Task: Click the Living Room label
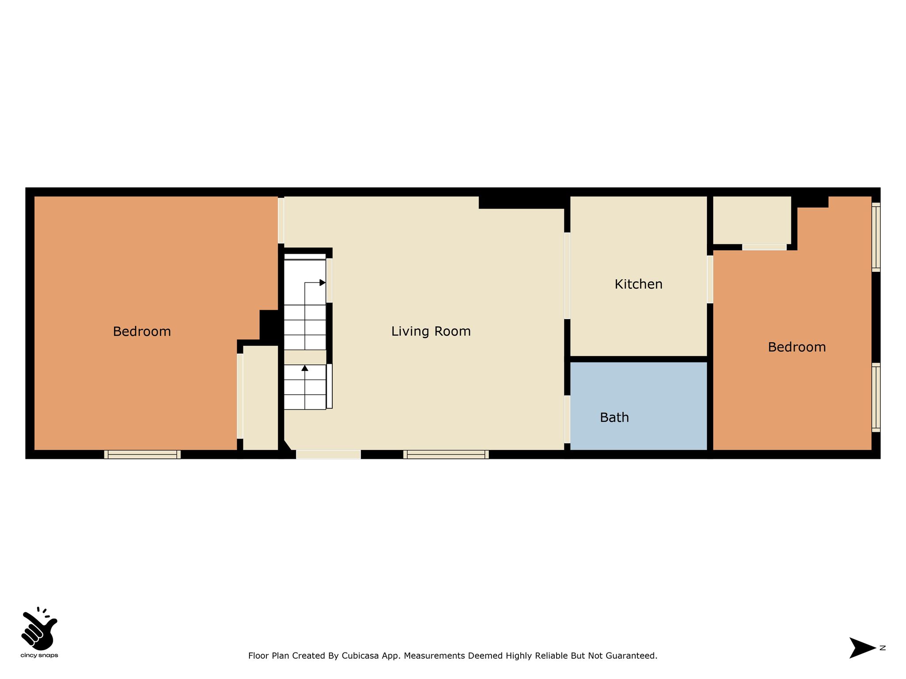431,331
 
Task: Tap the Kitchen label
638,284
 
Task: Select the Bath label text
614,417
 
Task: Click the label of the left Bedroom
142,331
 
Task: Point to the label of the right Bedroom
797,347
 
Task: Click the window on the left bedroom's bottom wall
142,454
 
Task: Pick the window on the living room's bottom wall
446,454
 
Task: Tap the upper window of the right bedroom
876,237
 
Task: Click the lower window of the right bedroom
876,397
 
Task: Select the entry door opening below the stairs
328,454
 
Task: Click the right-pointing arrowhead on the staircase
322,282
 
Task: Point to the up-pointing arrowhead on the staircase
305,368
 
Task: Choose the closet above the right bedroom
752,220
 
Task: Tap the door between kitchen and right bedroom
710,279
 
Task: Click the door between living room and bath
567,419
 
